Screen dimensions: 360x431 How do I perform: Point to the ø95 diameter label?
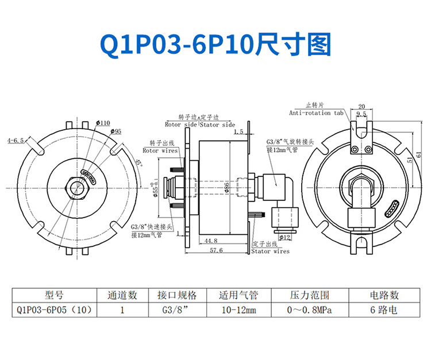click(114, 131)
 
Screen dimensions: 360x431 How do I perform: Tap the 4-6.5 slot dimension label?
click(16, 140)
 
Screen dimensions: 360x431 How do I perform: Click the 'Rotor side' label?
click(181, 124)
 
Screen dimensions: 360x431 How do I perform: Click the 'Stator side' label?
click(217, 124)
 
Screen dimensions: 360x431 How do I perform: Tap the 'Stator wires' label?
click(271, 251)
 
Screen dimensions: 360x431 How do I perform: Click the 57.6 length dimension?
click(215, 250)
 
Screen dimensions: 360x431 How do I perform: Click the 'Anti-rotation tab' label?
click(318, 113)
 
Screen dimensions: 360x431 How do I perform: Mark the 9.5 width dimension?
click(361, 115)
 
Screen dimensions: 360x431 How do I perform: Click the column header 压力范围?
click(309, 295)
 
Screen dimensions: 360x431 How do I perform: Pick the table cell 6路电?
click(384, 310)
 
